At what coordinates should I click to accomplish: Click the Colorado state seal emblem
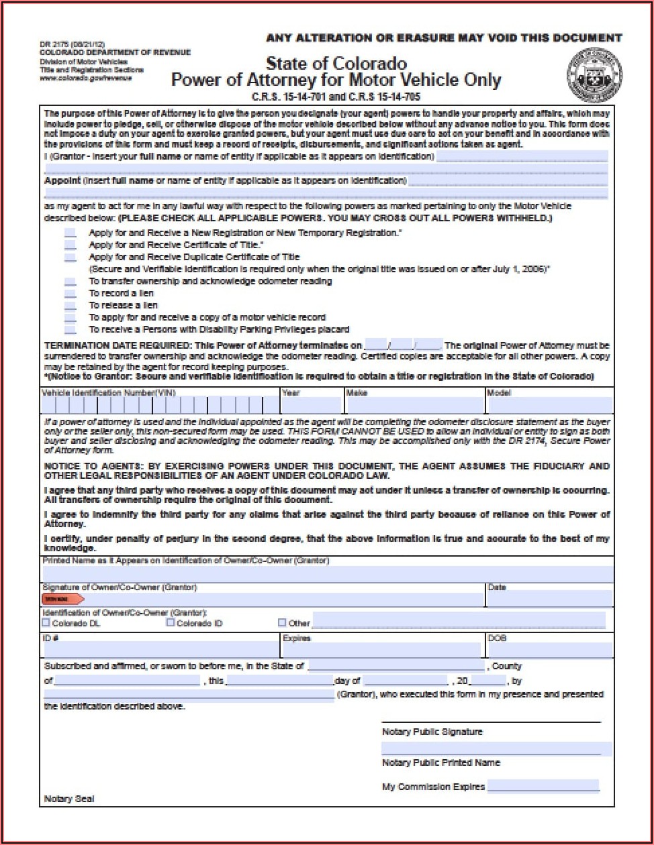tap(594, 75)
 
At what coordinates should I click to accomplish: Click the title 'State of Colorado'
tap(336, 64)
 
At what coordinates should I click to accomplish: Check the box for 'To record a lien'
tap(71, 294)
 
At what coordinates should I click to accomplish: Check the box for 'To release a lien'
tap(71, 306)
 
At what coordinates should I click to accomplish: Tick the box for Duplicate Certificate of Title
tap(71, 257)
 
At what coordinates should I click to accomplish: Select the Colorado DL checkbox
tap(46, 622)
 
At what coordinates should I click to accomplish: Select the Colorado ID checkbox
tap(171, 622)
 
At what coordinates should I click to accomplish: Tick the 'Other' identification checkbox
tap(282, 622)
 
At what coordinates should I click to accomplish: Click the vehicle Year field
tap(312, 405)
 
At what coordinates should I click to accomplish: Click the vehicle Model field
tap(549, 405)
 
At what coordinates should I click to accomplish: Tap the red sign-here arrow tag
tap(62, 599)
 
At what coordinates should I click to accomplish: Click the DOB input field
tap(549, 650)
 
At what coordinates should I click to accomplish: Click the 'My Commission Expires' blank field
tap(543, 786)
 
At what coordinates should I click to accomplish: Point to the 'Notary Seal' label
tap(69, 799)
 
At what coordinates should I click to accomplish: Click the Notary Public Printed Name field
tap(496, 748)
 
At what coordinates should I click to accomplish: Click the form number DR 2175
tap(58, 45)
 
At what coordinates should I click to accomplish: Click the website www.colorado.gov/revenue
tap(85, 77)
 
